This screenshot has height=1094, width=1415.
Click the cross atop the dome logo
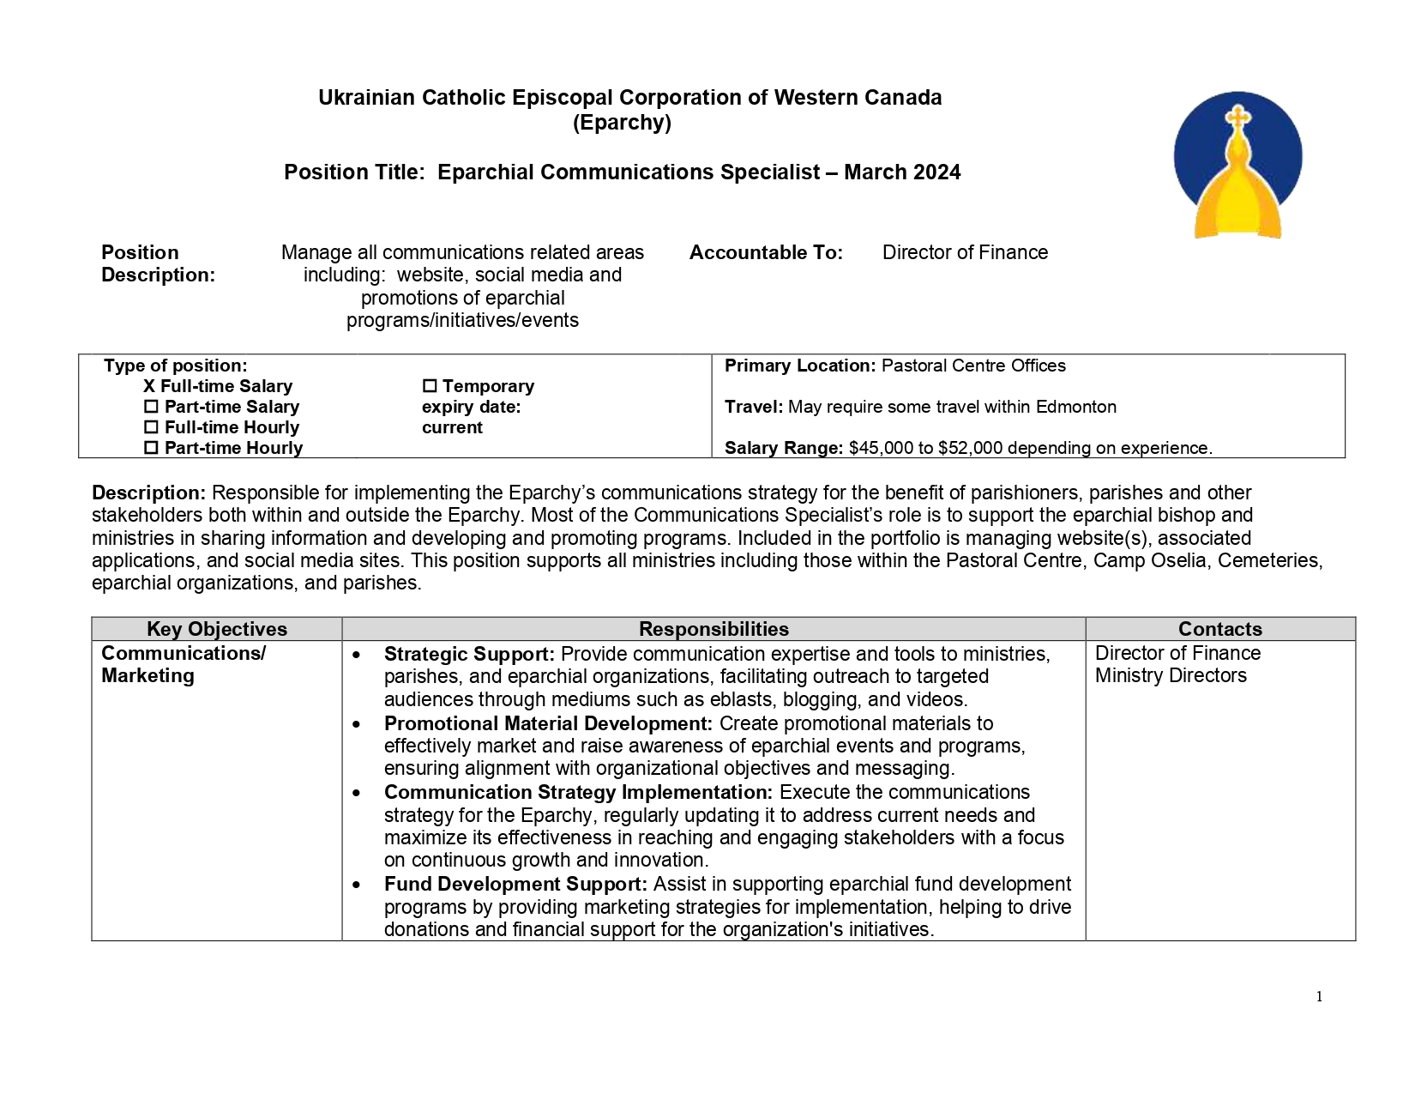[1237, 118]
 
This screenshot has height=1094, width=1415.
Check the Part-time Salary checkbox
[151, 407]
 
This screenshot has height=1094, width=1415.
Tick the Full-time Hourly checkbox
[151, 427]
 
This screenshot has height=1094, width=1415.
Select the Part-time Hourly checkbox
[151, 448]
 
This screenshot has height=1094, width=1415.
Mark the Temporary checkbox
[430, 386]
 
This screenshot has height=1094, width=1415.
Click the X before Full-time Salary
[149, 386]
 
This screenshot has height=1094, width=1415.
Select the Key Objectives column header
[217, 629]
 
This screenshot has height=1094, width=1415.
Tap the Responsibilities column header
[714, 629]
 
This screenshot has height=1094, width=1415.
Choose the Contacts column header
[1219, 629]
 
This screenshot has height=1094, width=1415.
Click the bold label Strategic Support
[469, 654]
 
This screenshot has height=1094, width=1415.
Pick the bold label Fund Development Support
[515, 884]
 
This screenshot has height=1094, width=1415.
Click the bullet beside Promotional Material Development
[357, 724]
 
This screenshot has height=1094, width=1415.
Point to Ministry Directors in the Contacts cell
[1171, 675]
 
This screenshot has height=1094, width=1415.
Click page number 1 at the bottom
[1319, 996]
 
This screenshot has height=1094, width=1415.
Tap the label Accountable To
[766, 252]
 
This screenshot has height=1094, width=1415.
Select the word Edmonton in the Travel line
[1075, 407]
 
